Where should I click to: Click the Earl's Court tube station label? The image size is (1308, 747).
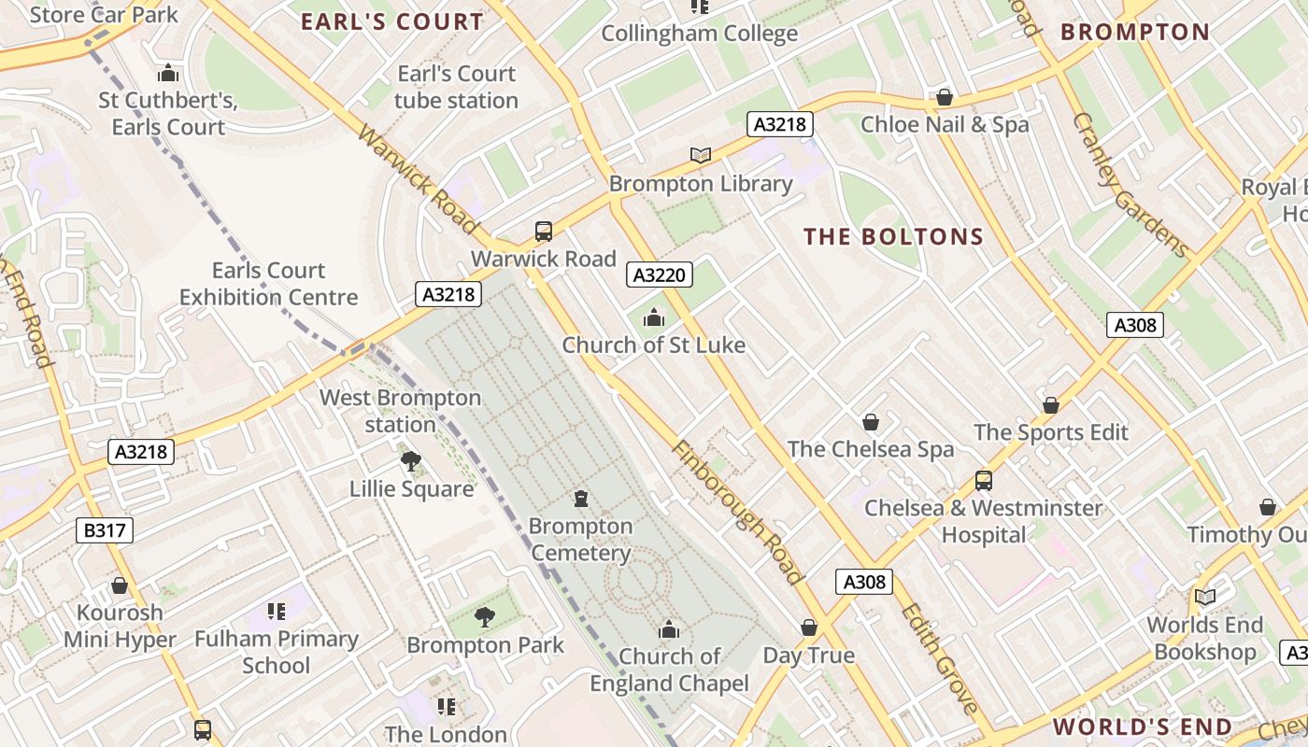(456, 87)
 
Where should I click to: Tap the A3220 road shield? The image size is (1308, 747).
(659, 275)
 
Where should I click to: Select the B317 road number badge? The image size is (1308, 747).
(105, 531)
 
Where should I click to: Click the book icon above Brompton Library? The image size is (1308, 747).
(700, 155)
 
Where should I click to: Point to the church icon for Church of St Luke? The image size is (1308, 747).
(654, 318)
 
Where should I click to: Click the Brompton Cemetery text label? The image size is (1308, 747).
(580, 540)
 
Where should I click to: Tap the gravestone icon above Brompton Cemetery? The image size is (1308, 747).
(581, 499)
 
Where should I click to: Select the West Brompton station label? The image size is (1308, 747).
(400, 411)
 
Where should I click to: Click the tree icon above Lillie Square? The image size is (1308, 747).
(410, 460)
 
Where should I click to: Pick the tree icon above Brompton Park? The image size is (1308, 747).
(484, 616)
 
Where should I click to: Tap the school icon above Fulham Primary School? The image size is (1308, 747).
(276, 612)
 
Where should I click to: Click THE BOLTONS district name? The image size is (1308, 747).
(894, 237)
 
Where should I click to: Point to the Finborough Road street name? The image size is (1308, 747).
(737, 512)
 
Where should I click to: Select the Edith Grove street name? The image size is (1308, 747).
(938, 657)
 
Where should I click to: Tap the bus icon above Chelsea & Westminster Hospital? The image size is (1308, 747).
(983, 481)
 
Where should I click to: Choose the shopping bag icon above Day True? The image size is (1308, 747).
(809, 627)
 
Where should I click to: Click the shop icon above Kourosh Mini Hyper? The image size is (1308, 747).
(120, 585)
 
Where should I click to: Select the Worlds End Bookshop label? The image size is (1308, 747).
(1204, 638)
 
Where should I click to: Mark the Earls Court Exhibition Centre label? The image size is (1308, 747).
(268, 284)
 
